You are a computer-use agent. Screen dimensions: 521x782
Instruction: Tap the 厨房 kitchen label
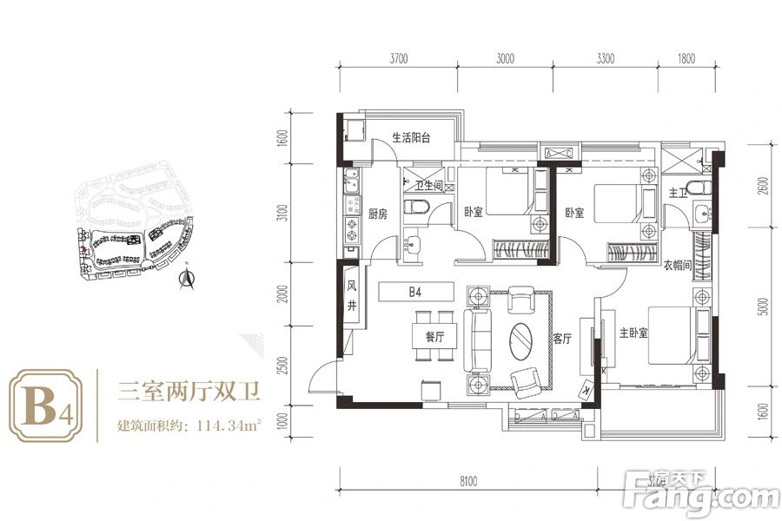[376, 213]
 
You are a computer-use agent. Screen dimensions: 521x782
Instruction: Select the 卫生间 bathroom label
[428, 186]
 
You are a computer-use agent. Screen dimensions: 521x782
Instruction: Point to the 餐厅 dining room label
[434, 337]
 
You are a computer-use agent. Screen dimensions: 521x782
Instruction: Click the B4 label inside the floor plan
[414, 293]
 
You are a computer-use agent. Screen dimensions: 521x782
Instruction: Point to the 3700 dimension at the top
[398, 60]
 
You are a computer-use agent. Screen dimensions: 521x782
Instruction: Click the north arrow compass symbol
[184, 276]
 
